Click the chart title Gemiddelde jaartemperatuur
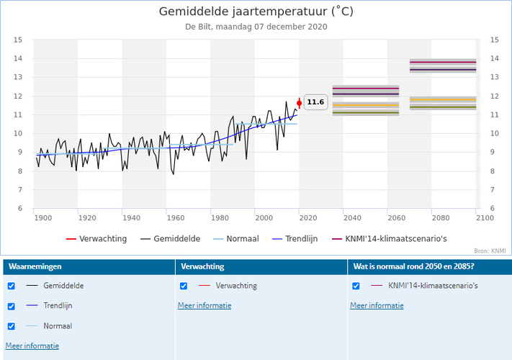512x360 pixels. click(256, 12)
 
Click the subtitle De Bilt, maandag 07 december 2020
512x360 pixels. click(256, 27)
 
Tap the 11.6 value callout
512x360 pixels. click(315, 102)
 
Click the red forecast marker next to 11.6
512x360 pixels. click(300, 103)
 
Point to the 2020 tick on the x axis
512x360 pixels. click(307, 217)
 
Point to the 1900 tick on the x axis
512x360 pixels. click(42, 217)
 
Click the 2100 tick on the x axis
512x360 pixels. click(484, 217)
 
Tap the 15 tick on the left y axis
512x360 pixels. click(19, 40)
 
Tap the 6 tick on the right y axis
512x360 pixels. click(494, 209)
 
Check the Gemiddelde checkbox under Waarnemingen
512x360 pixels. click(11, 286)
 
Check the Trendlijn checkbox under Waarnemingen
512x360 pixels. click(11, 306)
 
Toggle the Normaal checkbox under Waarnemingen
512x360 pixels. click(11, 326)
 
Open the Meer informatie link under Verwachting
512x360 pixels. click(205, 305)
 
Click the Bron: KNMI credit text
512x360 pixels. click(490, 251)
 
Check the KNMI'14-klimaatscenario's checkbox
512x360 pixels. click(356, 286)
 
